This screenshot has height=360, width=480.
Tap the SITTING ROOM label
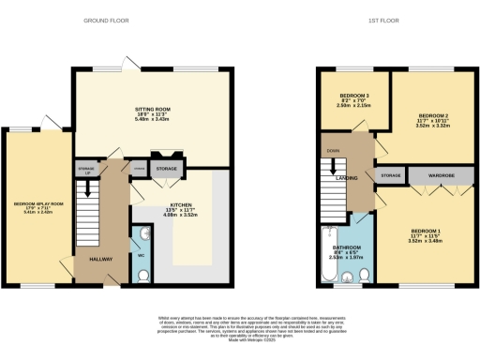(152, 110)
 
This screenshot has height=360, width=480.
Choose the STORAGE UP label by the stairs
(86, 171)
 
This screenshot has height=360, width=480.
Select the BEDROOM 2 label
(425, 114)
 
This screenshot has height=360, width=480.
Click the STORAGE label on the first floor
(391, 174)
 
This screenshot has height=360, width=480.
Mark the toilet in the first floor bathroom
(364, 275)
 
